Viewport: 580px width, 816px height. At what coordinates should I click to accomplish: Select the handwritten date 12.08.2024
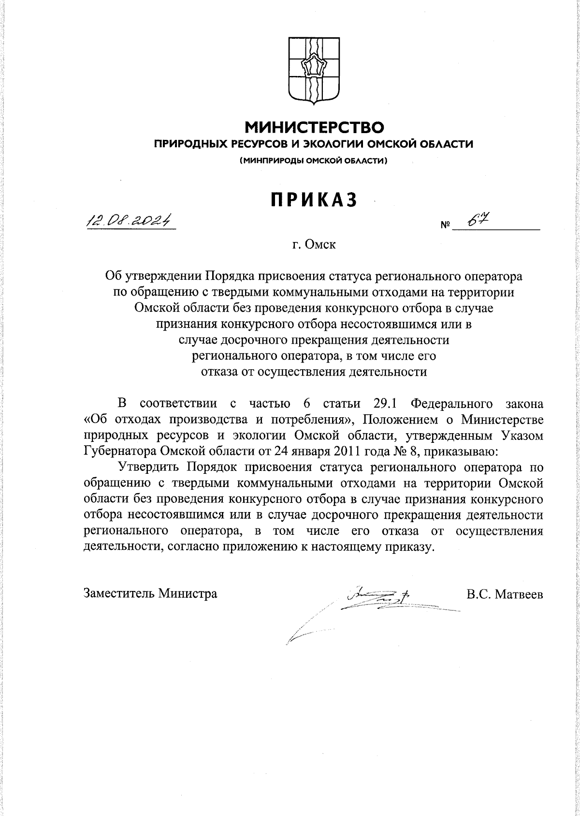coord(129,220)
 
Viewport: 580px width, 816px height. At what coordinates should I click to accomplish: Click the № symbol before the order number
coord(445,226)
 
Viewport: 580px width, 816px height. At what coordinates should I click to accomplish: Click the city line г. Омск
coord(314,244)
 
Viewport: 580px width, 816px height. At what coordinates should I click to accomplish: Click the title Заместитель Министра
coord(150,593)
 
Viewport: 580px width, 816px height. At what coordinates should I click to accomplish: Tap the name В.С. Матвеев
coord(505,593)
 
